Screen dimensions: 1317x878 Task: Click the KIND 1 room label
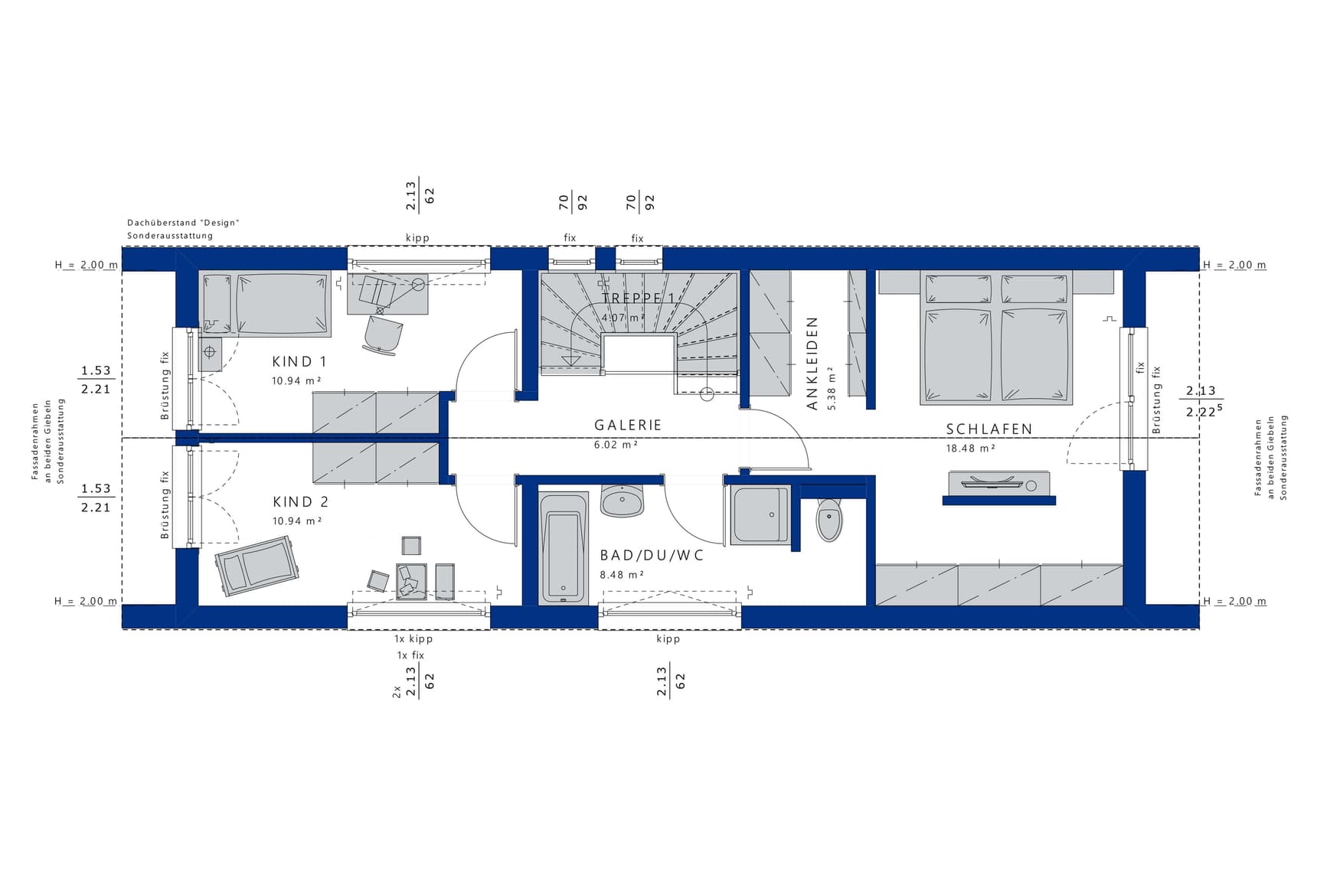click(x=299, y=361)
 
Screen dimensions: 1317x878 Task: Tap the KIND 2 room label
click(x=300, y=502)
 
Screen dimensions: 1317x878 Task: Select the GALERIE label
click(x=628, y=425)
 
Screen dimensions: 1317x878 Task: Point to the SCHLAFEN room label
click(x=989, y=429)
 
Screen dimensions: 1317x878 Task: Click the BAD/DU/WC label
click(x=652, y=556)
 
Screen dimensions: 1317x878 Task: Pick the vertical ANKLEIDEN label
click(x=812, y=364)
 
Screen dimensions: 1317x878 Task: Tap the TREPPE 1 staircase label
click(x=638, y=299)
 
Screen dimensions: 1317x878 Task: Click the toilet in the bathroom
click(x=829, y=520)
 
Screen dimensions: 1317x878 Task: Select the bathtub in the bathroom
click(x=564, y=548)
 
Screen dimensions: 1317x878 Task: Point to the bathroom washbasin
click(x=623, y=501)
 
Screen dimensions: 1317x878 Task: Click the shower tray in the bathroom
click(x=760, y=515)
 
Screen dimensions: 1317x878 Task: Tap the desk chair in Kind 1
click(x=382, y=335)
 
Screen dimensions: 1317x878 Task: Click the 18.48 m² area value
click(x=970, y=449)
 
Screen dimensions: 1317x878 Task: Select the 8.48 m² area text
click(x=622, y=575)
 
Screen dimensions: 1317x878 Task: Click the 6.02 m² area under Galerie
click(x=616, y=444)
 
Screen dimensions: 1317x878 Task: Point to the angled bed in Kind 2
click(x=257, y=566)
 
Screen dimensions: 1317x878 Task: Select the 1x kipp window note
click(x=413, y=638)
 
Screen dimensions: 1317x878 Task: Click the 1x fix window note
click(x=410, y=655)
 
